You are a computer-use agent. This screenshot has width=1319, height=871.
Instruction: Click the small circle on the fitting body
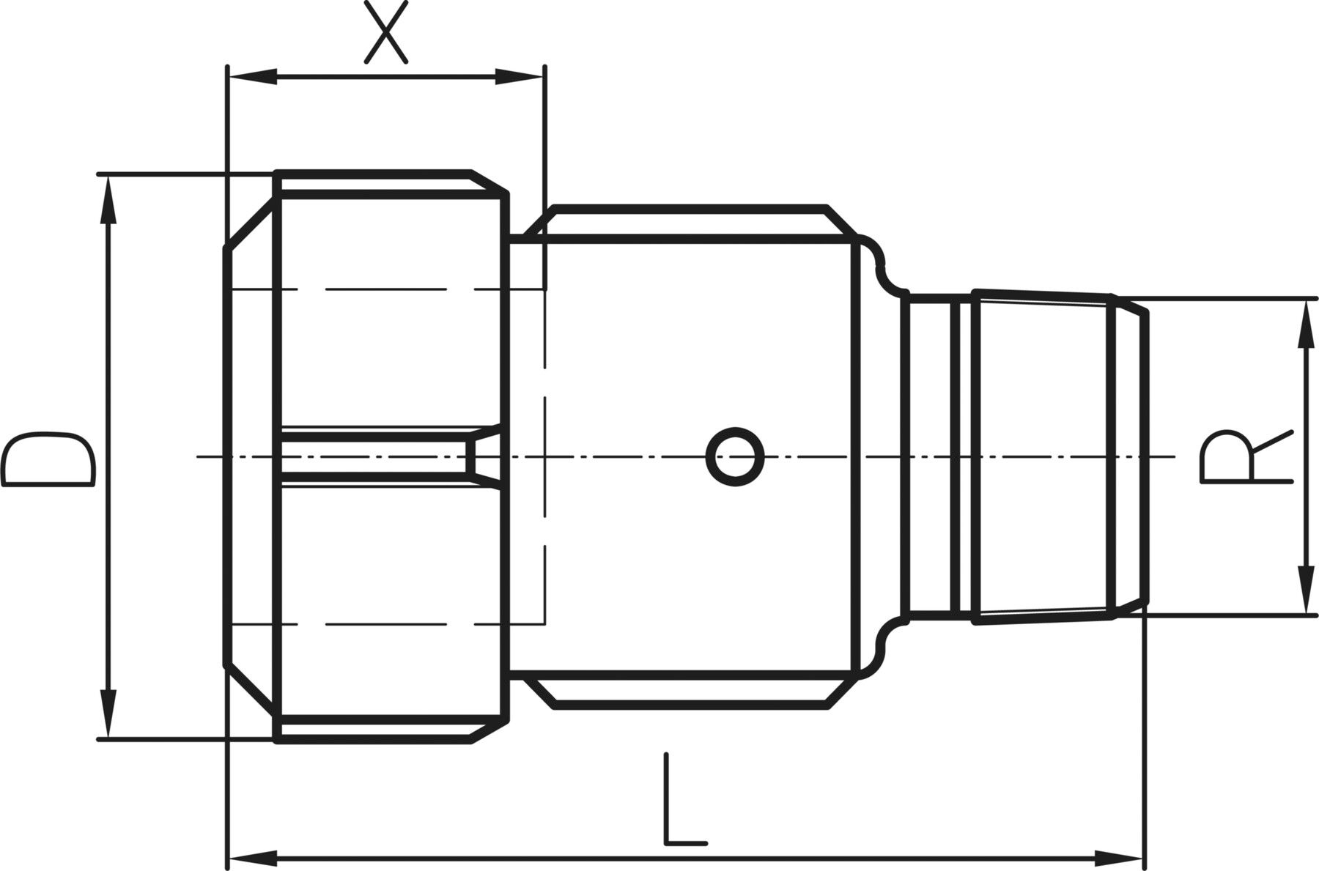click(x=735, y=456)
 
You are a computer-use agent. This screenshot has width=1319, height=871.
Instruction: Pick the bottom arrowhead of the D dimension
click(x=109, y=714)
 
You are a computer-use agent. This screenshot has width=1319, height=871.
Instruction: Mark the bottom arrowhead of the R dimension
click(x=1304, y=590)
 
